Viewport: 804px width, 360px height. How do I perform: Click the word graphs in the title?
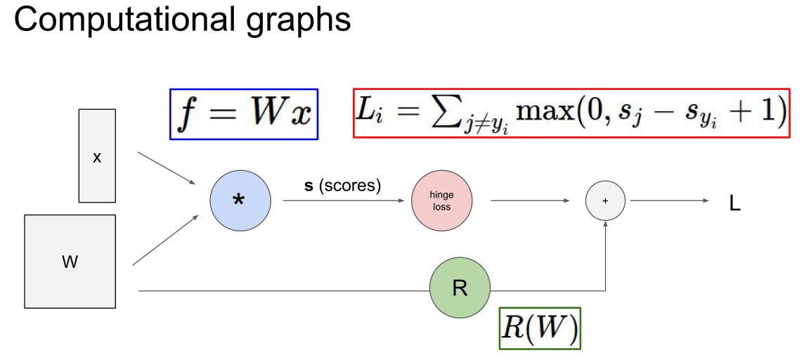(x=293, y=22)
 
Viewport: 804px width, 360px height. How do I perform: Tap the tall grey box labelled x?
(x=97, y=156)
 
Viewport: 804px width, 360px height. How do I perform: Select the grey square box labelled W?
(x=70, y=261)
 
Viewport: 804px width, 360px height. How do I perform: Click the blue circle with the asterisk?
(x=240, y=200)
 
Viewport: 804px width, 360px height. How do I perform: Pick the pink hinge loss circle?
(x=441, y=200)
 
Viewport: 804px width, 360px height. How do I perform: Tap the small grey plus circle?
(x=606, y=200)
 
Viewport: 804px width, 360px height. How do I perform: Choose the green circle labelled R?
(x=460, y=288)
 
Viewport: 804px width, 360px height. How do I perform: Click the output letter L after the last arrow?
(x=735, y=205)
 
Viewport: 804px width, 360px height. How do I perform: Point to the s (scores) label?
(x=342, y=186)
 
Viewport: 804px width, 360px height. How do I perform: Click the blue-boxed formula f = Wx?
(x=244, y=114)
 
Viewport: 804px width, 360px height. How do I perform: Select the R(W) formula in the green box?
(x=540, y=328)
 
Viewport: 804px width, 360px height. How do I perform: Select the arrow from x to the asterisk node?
(x=167, y=168)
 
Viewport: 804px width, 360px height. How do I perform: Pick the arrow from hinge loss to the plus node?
(x=530, y=200)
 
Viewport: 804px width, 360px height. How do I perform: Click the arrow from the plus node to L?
(x=670, y=200)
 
